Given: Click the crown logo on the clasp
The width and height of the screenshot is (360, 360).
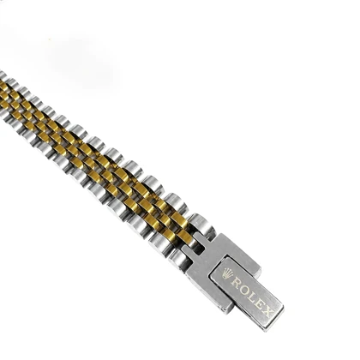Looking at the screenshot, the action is (227, 273).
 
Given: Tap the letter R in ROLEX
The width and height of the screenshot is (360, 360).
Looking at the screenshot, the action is (237, 282).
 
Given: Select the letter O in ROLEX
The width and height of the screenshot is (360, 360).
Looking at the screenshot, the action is (244, 289).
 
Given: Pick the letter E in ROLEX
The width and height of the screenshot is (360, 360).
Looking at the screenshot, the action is (258, 303).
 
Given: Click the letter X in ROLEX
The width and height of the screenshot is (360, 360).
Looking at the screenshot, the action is (266, 309).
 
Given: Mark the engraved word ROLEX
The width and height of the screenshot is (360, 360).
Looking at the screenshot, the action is (251, 296).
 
